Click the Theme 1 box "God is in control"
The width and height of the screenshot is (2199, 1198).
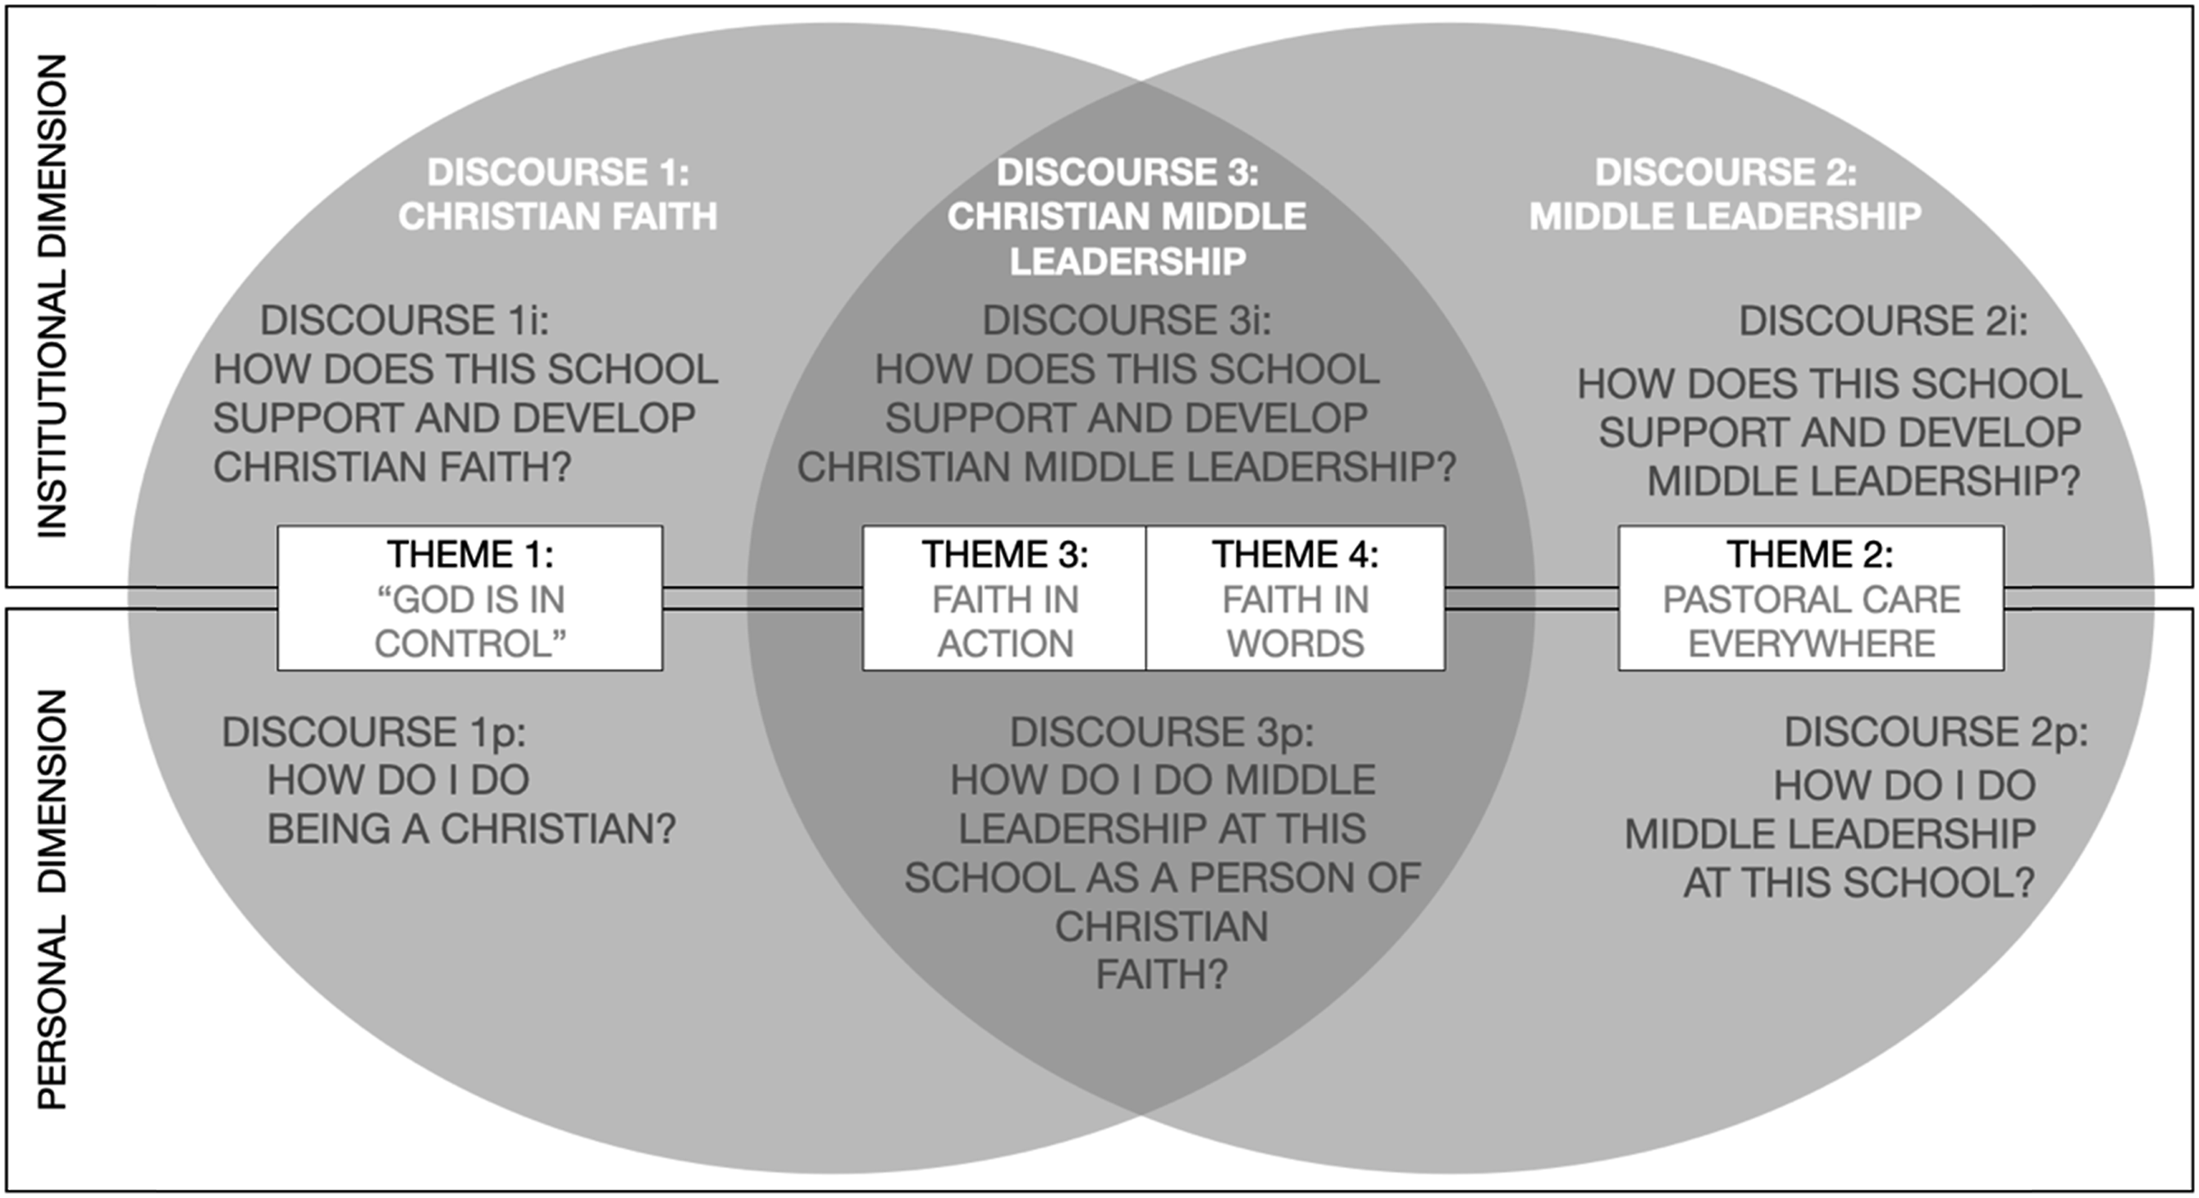[x=469, y=597]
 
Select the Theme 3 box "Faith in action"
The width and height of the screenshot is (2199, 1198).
[x=1003, y=597]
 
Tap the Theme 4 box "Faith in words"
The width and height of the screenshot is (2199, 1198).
[x=1295, y=597]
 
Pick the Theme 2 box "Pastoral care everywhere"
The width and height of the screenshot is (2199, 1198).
[x=1811, y=597]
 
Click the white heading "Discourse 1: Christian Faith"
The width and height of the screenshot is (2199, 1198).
[x=557, y=194]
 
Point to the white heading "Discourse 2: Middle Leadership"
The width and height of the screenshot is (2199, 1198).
[x=1726, y=194]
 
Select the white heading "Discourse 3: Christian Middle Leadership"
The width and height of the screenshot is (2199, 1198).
[x=1127, y=216]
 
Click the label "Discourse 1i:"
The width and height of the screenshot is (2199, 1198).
[x=405, y=320]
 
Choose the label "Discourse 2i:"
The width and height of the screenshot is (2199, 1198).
[x=1883, y=321]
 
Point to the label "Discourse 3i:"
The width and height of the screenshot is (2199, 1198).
[x=1127, y=320]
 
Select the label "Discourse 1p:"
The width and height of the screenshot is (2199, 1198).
[x=374, y=732]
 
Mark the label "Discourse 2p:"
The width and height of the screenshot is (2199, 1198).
[x=1936, y=732]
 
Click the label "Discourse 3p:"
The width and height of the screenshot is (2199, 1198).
[x=1162, y=732]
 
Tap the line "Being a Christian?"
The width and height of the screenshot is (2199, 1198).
[x=471, y=828]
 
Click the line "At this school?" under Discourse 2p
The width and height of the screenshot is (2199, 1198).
[x=1859, y=882]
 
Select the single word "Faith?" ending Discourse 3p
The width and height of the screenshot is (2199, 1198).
[x=1162, y=974]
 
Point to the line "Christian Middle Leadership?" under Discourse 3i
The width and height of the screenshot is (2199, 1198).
[x=1127, y=467]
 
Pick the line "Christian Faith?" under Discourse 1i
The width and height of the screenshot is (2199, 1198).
[x=392, y=467]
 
